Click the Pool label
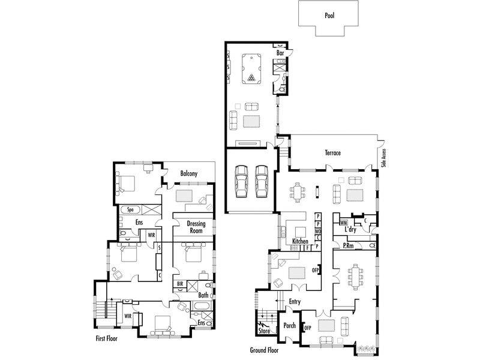(329, 16)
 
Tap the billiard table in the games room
(251, 69)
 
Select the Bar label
(280, 53)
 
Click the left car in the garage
(241, 182)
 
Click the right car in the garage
(262, 182)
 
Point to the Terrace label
(333, 153)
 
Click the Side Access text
(384, 158)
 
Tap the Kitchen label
(300, 241)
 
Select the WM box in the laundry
(343, 223)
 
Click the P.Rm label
(348, 245)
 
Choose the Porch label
(289, 325)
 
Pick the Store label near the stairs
(264, 331)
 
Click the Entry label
(295, 302)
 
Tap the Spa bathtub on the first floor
(130, 210)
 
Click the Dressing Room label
(196, 227)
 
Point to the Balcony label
(189, 173)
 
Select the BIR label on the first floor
(180, 284)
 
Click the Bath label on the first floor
(203, 295)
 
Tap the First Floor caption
(107, 338)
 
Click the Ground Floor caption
(264, 350)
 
